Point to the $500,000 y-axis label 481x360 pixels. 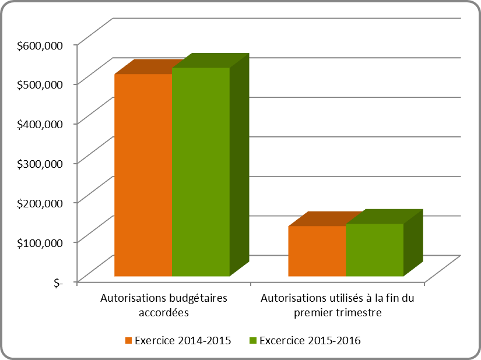pyautogui.click(x=40, y=84)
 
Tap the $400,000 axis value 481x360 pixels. pyautogui.click(x=40, y=123)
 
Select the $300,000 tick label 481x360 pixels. pyautogui.click(x=40, y=163)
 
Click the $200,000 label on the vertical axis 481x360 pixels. pyautogui.click(x=40, y=203)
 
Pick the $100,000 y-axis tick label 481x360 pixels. pyautogui.click(x=40, y=242)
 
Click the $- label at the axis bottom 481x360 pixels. pyautogui.click(x=57, y=282)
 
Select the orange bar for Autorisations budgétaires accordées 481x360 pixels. pyautogui.click(x=143, y=175)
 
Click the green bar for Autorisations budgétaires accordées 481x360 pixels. pyautogui.click(x=201, y=172)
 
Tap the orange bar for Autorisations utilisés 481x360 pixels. pyautogui.click(x=317, y=250)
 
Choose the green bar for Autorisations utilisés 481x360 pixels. pyautogui.click(x=374, y=249)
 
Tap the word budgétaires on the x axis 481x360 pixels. pyautogui.click(x=196, y=298)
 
